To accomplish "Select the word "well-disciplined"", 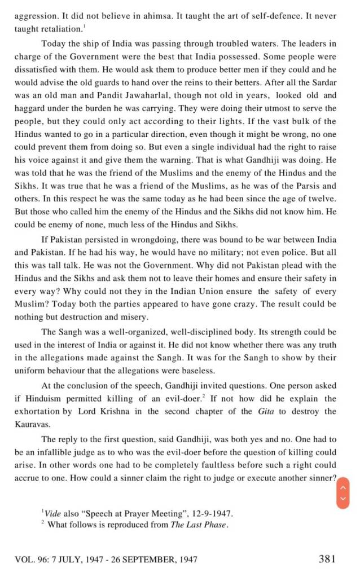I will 198,332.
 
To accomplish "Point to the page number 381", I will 327,559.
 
